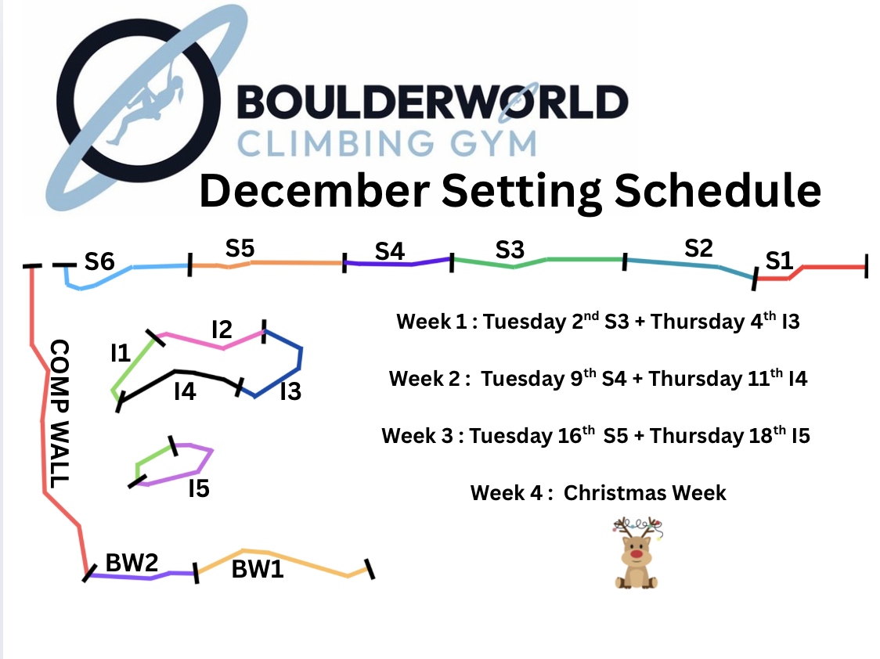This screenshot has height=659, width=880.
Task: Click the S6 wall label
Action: (99, 261)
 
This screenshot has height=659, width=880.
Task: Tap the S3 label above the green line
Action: (510, 250)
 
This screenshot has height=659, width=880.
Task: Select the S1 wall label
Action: (779, 261)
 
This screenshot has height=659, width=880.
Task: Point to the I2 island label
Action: (222, 329)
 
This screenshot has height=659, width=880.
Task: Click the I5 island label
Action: (199, 488)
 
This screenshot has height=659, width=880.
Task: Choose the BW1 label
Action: (258, 569)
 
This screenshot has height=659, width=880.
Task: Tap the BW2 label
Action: (132, 563)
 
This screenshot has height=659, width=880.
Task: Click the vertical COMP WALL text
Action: (60, 413)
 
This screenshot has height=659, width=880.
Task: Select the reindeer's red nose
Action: (636, 554)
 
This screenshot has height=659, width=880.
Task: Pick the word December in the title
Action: (314, 191)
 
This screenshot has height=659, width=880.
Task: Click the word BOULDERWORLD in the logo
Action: (432, 102)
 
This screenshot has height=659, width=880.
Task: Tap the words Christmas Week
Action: (645, 493)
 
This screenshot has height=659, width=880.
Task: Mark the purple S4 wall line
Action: (398, 264)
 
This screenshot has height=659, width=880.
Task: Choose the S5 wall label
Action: (240, 248)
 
